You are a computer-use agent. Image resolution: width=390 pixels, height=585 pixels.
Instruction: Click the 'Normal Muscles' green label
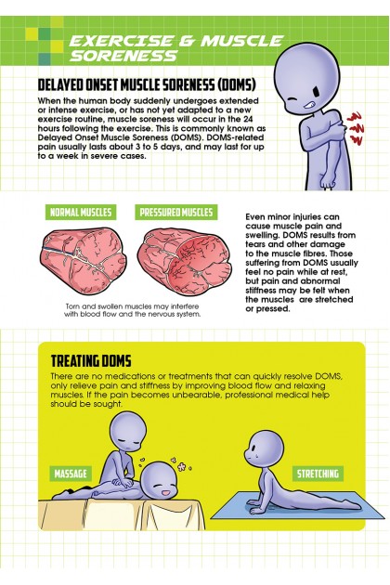(x=81, y=212)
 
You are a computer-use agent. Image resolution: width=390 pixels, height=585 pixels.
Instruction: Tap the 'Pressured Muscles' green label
(x=176, y=212)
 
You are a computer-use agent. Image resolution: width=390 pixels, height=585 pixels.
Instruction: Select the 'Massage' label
(x=71, y=474)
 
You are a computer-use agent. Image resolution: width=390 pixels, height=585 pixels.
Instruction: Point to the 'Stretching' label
(x=318, y=474)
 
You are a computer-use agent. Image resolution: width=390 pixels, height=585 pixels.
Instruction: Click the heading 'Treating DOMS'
(x=91, y=361)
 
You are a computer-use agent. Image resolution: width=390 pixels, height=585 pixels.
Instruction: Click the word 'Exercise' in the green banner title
(x=122, y=41)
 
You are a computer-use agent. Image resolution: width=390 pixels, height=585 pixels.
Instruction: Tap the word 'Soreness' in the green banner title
(x=123, y=56)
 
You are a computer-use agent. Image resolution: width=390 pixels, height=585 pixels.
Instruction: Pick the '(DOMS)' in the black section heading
(x=237, y=85)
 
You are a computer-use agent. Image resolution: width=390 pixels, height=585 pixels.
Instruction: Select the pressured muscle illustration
(x=184, y=261)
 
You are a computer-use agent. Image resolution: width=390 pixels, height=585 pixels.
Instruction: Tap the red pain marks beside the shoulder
(x=356, y=128)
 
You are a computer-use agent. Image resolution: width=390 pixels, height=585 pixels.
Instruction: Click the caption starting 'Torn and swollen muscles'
(x=132, y=310)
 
